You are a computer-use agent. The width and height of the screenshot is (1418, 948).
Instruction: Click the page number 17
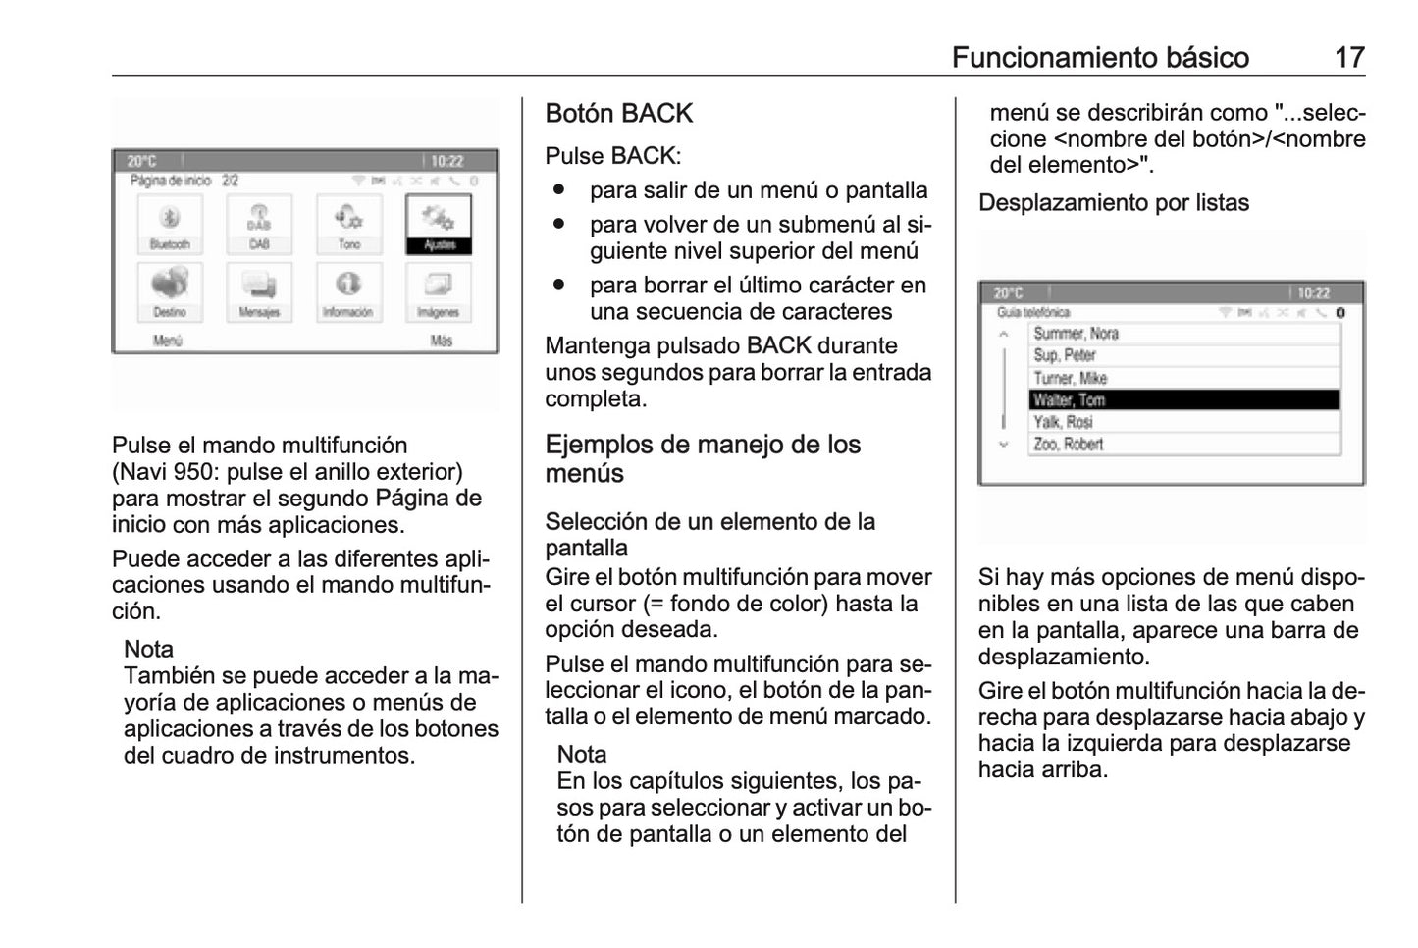pos(1349,57)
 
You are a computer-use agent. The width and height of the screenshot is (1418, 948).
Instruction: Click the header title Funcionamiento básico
pos(1099,57)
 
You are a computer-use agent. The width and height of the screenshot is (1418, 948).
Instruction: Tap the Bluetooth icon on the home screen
pos(170,223)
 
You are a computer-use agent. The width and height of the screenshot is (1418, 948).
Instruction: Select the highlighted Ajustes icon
pos(439,223)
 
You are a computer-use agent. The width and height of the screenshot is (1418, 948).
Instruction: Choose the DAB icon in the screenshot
pos(259,223)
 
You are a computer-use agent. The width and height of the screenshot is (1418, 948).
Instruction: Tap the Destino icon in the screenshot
pos(170,290)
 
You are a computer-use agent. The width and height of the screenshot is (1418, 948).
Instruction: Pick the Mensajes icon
pos(259,290)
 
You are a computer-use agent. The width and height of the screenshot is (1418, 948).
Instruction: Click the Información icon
pos(348,290)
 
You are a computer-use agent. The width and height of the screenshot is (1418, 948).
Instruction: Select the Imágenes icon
pos(438,290)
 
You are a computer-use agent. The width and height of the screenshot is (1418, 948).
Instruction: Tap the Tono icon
pos(349,223)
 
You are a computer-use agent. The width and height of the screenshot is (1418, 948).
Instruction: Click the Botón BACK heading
pos(618,114)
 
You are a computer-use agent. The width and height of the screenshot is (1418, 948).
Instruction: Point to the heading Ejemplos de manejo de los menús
pos(703,458)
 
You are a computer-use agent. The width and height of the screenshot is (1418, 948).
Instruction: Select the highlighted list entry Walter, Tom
pos(1183,399)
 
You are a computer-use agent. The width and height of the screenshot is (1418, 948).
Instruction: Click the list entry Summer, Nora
pos(1183,334)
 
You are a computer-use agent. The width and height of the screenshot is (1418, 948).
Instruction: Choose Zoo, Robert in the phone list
pos(1183,444)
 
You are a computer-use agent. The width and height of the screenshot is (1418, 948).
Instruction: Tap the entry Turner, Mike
pos(1183,378)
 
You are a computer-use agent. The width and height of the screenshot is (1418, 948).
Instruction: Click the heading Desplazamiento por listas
pos(1113,203)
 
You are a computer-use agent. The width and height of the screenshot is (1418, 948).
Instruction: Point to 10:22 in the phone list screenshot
pos(1313,293)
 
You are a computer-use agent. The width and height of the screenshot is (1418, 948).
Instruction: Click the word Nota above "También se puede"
pos(148,650)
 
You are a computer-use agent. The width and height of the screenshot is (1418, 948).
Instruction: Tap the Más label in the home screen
pos(441,342)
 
